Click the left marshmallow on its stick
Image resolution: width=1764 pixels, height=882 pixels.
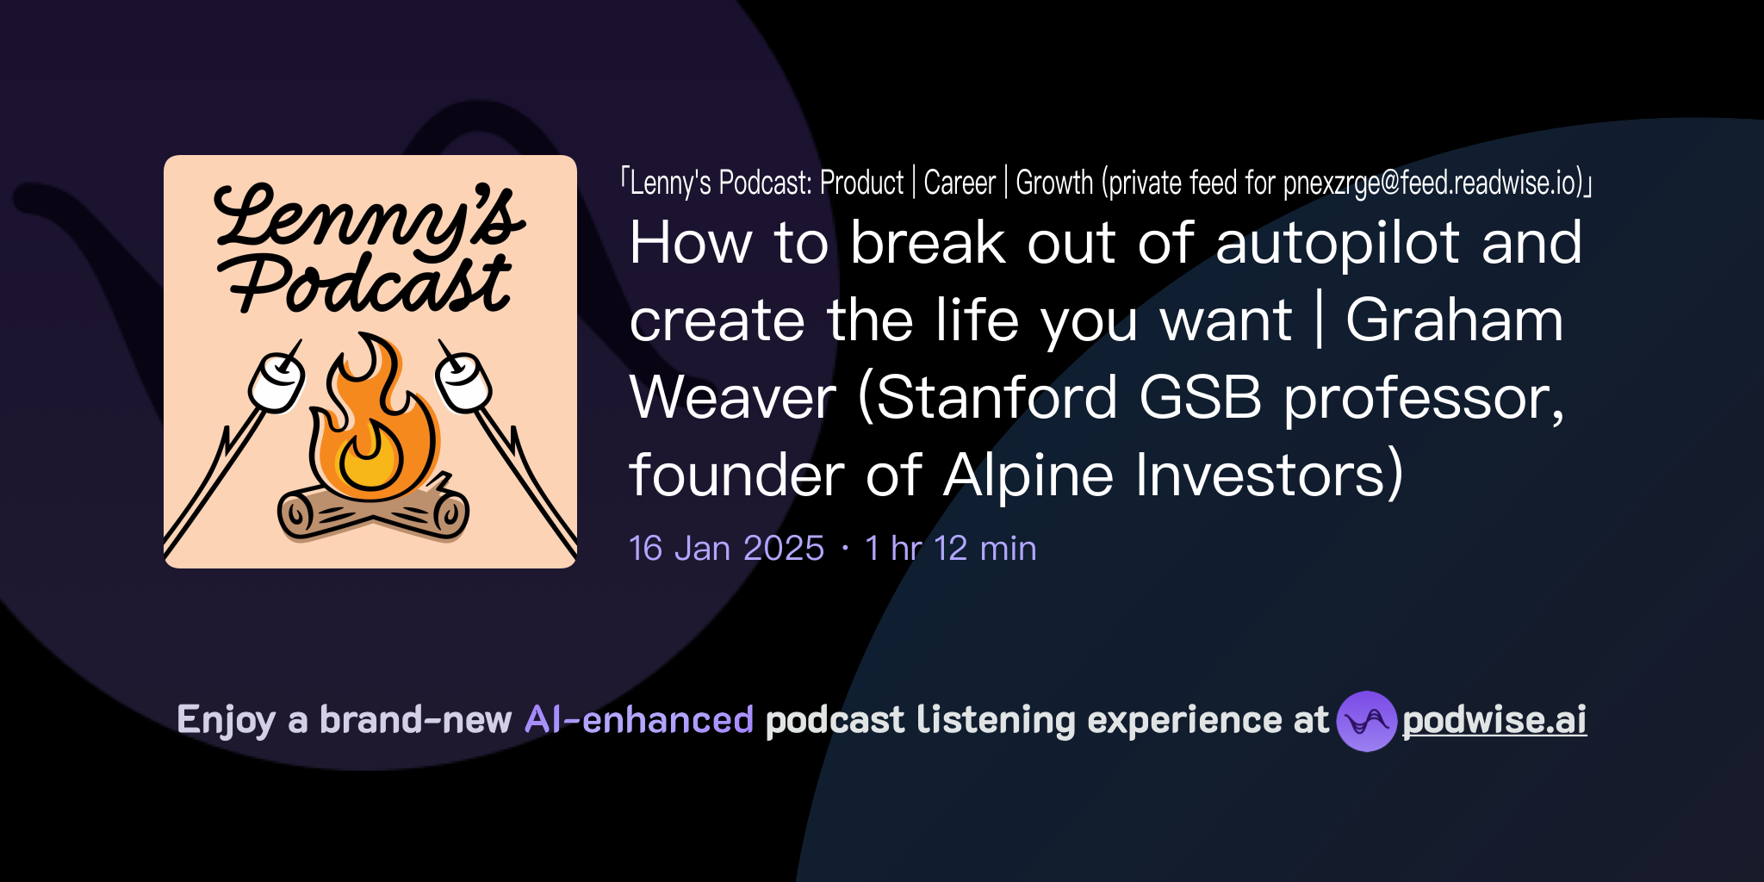click(x=277, y=382)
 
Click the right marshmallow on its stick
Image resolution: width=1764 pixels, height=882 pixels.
click(x=463, y=382)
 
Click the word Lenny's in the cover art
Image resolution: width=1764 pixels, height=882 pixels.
click(x=369, y=215)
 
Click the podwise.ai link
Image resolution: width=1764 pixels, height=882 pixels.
click(x=1494, y=720)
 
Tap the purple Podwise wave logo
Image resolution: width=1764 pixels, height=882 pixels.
click(x=1366, y=721)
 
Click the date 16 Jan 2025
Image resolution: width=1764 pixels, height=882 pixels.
click(x=726, y=548)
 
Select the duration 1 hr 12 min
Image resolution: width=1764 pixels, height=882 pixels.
click(x=950, y=548)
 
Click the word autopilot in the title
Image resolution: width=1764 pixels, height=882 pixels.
click(x=1337, y=243)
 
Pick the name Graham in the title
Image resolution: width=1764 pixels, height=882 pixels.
click(x=1454, y=320)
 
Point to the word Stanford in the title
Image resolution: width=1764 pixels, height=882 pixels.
click(x=997, y=398)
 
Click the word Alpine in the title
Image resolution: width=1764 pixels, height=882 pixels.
click(x=1028, y=475)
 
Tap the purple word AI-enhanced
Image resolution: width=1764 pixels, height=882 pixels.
click(x=639, y=720)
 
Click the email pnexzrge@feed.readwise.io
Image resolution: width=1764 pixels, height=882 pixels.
click(x=1432, y=183)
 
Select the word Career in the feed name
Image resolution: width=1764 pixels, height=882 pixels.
click(x=960, y=183)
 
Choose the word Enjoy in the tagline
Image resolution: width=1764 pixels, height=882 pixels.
click(x=226, y=720)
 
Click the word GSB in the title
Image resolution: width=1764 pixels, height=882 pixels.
click(x=1200, y=398)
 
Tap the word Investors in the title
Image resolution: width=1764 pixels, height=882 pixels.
click(x=1268, y=475)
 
